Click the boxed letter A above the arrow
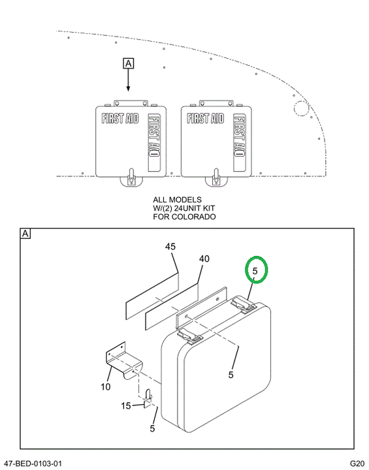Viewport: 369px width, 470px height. point(129,63)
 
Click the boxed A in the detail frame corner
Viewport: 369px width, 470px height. point(25,234)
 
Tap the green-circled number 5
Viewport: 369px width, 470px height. point(255,271)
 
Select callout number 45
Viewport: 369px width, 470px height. point(170,247)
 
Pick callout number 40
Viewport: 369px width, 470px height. point(204,258)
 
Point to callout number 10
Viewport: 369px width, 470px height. point(106,387)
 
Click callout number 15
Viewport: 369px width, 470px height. point(126,406)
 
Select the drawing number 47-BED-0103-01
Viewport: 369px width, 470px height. point(32,463)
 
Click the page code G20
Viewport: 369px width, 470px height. point(357,463)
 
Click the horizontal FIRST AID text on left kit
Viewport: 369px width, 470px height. point(120,118)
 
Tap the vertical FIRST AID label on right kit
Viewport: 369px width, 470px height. point(240,136)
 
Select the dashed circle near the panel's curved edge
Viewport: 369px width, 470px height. point(301,108)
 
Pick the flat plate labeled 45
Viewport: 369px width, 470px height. point(152,295)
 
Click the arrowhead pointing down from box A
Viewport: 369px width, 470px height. point(129,88)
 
